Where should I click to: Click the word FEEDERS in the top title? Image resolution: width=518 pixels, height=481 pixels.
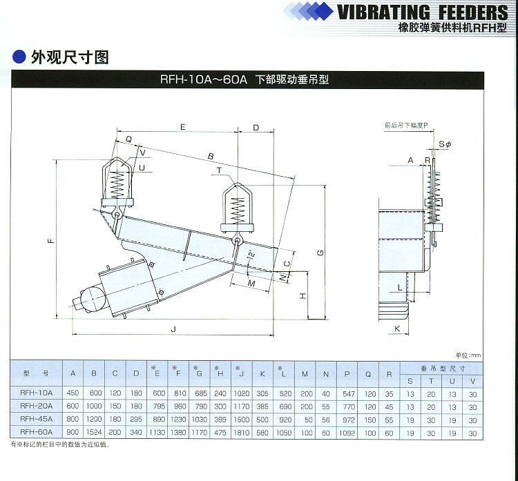(x=468, y=12)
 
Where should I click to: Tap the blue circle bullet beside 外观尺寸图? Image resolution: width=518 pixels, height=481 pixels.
(x=19, y=57)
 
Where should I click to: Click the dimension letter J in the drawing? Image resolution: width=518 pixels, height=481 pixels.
(x=173, y=328)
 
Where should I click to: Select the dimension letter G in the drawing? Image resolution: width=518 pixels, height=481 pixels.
(x=320, y=253)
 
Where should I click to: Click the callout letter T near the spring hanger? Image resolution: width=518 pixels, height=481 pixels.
(x=218, y=169)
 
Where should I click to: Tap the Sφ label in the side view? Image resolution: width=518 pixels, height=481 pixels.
(x=445, y=144)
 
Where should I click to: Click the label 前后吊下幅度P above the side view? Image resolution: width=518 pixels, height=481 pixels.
(x=407, y=126)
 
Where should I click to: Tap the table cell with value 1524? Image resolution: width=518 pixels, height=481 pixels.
(x=94, y=432)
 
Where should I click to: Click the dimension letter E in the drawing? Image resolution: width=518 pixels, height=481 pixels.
(x=182, y=127)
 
